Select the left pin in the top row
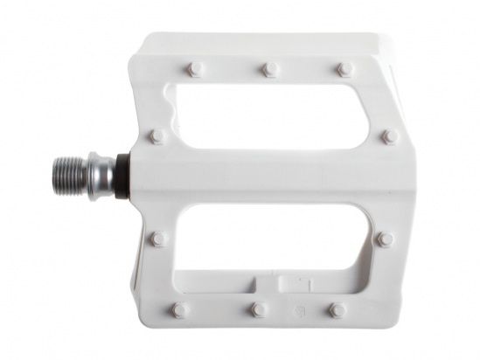click(x=195, y=68)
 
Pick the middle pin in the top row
click(x=269, y=67)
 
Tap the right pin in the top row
click(x=345, y=68)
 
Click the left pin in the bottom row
click(x=178, y=309)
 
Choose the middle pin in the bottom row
click(x=257, y=309)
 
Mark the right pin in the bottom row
click(x=336, y=309)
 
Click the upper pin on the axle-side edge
click(x=157, y=136)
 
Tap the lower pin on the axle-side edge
click(x=158, y=238)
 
